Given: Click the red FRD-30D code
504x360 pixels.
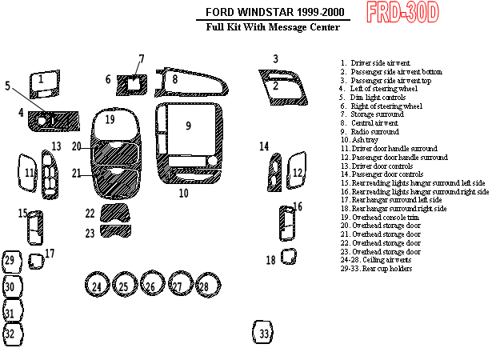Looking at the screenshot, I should click(403, 13).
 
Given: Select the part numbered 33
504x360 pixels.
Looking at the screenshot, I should click(263, 332).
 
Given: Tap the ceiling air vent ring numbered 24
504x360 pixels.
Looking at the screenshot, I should click(97, 286).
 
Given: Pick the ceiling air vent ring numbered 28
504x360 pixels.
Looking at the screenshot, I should click(203, 286).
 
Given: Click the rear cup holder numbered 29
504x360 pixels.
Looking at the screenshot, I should click(10, 260).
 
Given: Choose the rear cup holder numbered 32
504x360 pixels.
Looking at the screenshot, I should click(10, 333).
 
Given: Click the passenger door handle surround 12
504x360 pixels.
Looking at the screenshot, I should click(297, 171).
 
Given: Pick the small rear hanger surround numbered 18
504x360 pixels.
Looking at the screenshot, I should click(288, 258).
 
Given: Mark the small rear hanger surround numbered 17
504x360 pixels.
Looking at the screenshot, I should click(36, 260).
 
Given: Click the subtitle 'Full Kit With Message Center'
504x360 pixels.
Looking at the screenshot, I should click(273, 27).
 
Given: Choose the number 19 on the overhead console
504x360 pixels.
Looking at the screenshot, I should click(110, 120).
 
